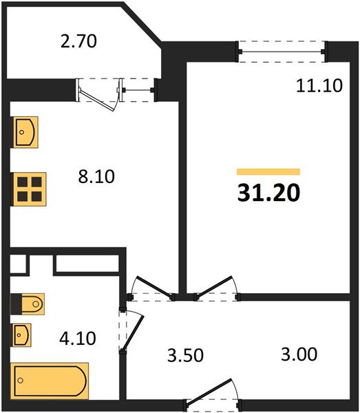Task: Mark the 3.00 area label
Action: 299,356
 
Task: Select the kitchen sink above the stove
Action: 25,131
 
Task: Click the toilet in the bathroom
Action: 28,304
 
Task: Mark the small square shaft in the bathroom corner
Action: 20,264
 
